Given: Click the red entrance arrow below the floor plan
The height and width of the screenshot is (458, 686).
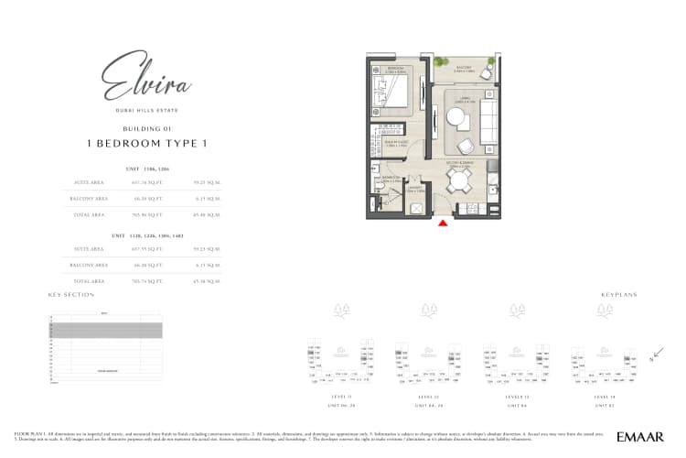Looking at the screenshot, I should click(443, 222).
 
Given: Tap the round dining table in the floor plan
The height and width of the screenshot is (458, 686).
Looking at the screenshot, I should click(457, 180).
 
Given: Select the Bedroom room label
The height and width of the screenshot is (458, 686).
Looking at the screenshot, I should click(395, 68).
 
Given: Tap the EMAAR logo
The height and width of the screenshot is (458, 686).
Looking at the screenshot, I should click(640, 437).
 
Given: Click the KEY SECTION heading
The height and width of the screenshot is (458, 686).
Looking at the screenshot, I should click(71, 295).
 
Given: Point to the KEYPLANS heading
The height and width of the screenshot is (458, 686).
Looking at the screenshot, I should click(618, 295).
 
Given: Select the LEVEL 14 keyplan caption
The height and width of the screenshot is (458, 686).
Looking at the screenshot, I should click(605, 397).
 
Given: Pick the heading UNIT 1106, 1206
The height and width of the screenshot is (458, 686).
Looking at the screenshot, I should click(146, 169).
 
